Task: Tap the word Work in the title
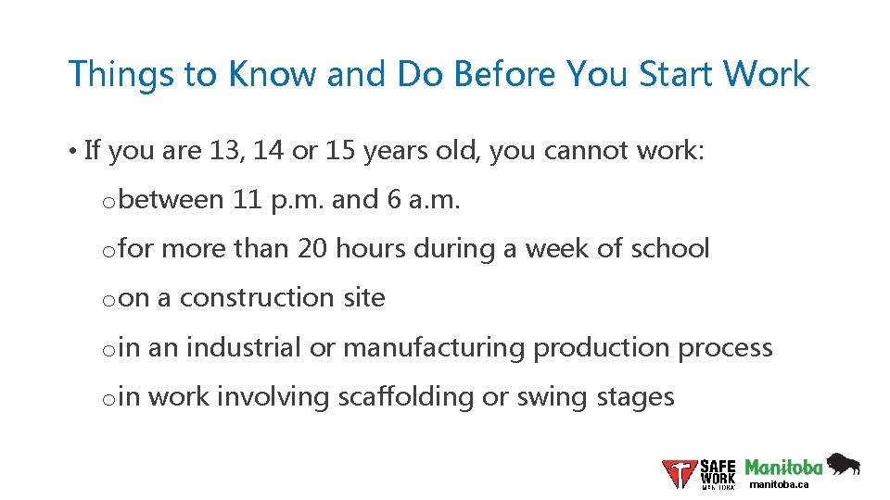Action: coord(766,74)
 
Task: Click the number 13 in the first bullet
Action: coord(222,150)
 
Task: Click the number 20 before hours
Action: coord(312,248)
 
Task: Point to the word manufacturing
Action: coord(434,347)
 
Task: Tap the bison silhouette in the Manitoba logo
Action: coord(843,464)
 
